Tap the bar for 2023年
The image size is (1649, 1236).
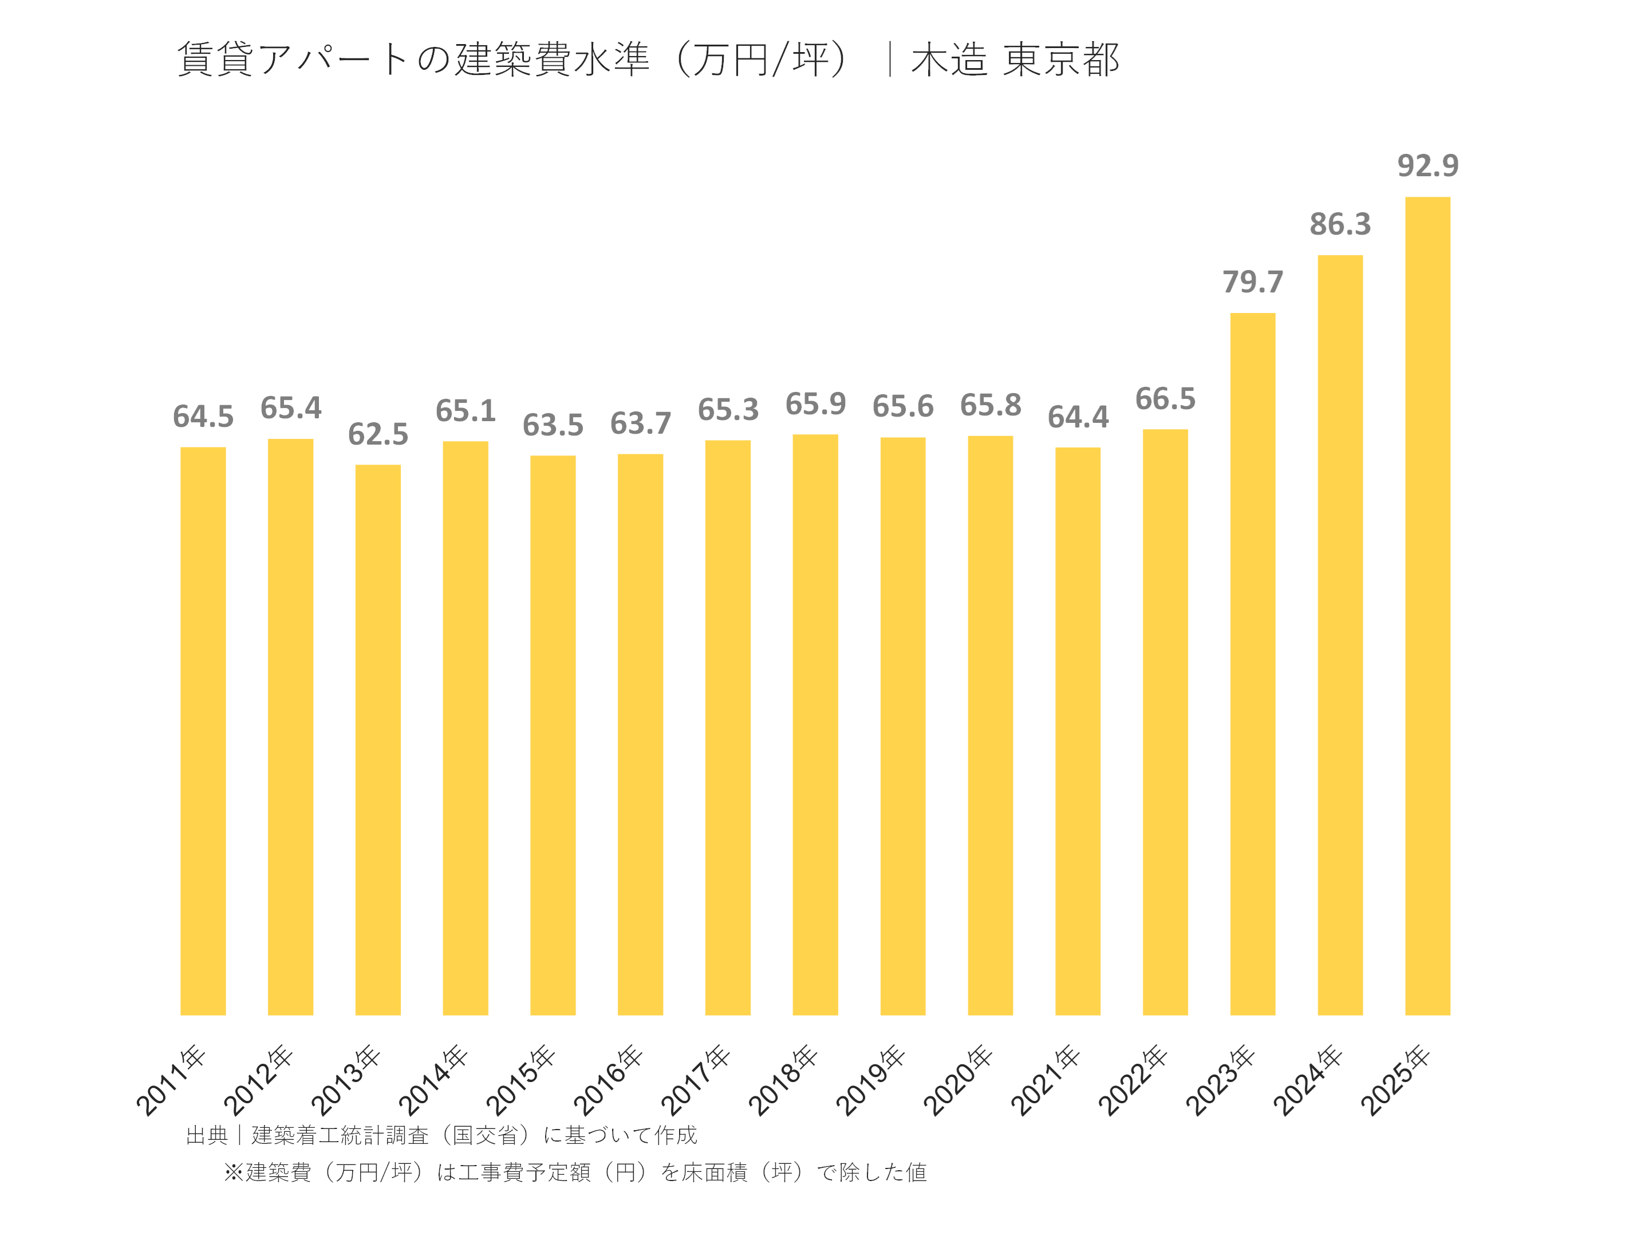(x=1252, y=663)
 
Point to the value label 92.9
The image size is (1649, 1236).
(x=1427, y=165)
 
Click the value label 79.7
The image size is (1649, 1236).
(x=1252, y=282)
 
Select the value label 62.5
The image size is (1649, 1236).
(x=378, y=434)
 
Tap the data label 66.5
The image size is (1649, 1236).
(x=1165, y=399)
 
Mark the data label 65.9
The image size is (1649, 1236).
(x=815, y=405)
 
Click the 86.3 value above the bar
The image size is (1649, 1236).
(x=1340, y=224)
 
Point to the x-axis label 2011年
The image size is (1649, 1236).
(x=171, y=1080)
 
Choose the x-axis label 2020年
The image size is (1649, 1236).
(x=958, y=1080)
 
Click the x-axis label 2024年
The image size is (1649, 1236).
(x=1308, y=1080)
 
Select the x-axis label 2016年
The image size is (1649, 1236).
(x=607, y=1080)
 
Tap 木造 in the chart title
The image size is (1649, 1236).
(x=948, y=60)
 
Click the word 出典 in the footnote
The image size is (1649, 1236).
(x=207, y=1135)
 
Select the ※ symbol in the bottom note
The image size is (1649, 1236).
(x=234, y=1172)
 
